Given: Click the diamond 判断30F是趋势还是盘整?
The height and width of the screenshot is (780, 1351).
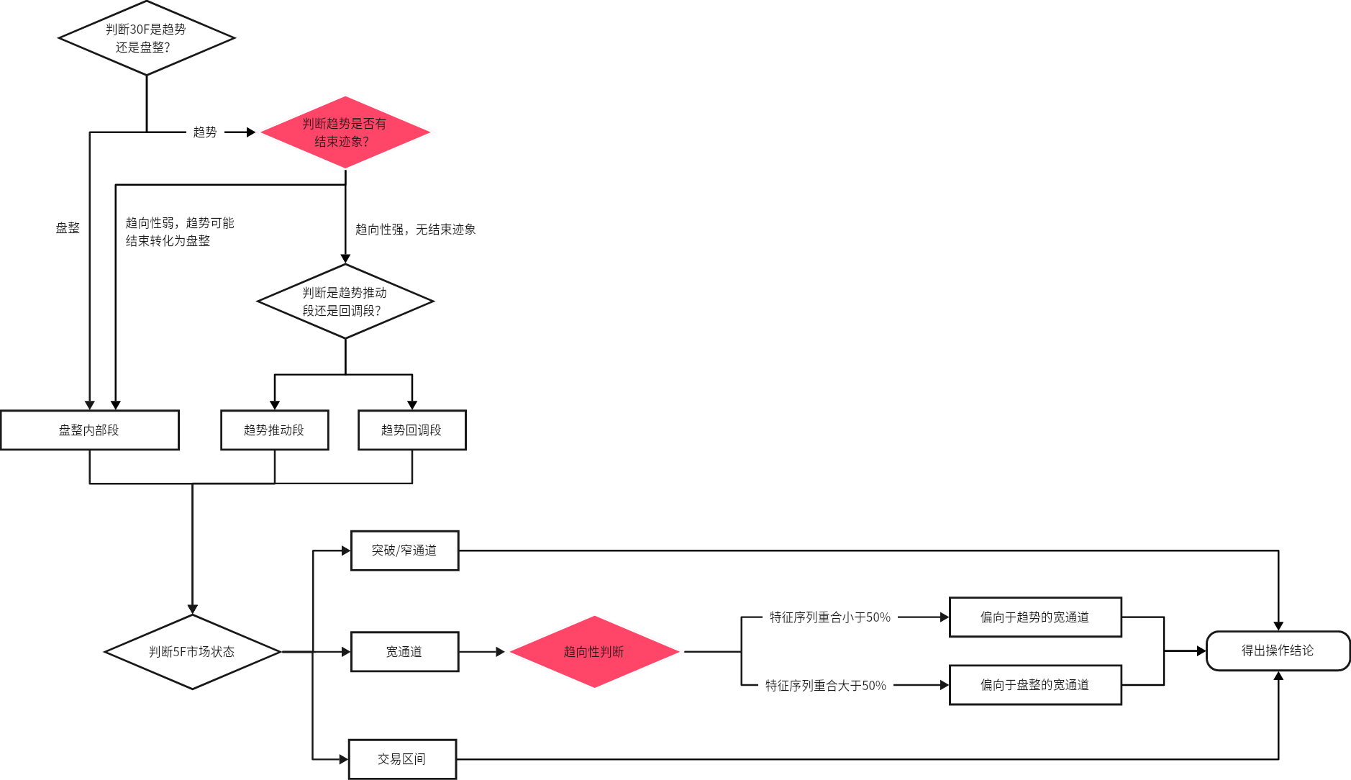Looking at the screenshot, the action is click(147, 38).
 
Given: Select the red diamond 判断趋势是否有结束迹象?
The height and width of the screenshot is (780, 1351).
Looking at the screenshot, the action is click(345, 132).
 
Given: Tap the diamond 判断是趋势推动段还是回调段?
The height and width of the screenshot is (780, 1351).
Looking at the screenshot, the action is click(345, 301).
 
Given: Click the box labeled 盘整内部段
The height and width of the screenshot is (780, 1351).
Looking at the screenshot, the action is click(90, 430).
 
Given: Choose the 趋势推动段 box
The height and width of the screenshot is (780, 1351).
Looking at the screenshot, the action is click(275, 430).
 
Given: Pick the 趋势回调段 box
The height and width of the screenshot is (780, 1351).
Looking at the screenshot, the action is click(412, 430).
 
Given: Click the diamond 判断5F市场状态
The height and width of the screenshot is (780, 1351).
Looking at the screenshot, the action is click(192, 652).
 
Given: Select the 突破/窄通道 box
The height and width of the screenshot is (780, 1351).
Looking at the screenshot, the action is click(405, 550).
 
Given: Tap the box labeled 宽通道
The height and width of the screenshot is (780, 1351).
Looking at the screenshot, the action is click(405, 652).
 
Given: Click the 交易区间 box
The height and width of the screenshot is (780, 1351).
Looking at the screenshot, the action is click(403, 759).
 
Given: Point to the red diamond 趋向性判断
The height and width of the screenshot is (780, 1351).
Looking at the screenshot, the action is click(594, 652).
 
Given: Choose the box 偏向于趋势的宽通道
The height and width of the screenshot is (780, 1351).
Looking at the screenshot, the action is click(1035, 617).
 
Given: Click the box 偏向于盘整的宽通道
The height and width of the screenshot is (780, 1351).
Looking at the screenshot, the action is click(1035, 685).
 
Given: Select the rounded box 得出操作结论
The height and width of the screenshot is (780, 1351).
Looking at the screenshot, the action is click(1278, 651).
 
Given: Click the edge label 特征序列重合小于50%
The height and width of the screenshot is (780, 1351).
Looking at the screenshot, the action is click(830, 617).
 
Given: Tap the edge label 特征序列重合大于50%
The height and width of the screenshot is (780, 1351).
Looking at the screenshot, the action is click(826, 686).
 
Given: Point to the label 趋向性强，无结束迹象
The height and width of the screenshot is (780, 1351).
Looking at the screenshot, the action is click(416, 230).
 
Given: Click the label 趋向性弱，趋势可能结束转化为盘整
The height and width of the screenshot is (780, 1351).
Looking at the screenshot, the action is click(180, 232).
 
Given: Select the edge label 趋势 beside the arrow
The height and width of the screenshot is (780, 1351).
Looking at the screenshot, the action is click(205, 132).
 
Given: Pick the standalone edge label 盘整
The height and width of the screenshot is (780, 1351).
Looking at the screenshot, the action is click(68, 228).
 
